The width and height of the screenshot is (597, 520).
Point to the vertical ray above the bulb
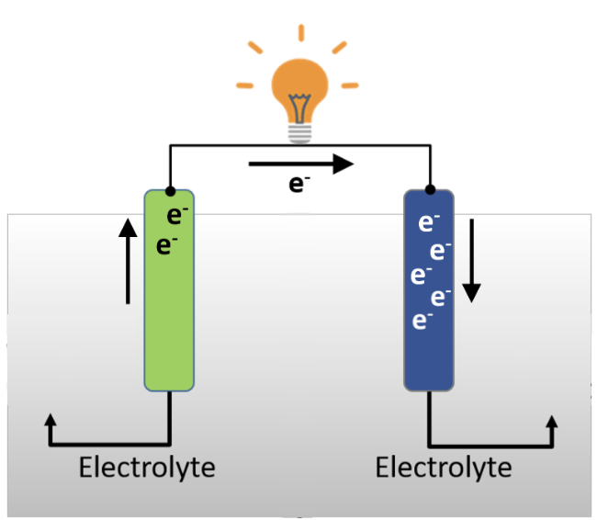coord(299,34)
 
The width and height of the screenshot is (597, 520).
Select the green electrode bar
coord(169,303)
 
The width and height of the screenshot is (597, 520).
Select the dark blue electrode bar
coord(429,303)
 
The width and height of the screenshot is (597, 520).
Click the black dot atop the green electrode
coord(170,191)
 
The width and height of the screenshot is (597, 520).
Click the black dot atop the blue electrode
coord(429,191)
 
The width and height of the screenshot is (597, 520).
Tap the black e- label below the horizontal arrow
coord(298,184)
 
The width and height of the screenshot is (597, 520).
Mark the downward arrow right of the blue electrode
coord(471,261)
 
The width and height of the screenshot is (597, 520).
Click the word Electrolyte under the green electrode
coord(147,467)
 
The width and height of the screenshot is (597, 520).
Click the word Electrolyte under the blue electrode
coord(444,467)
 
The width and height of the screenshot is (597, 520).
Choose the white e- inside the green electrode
coord(177,217)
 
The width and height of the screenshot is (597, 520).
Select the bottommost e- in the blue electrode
coord(422,320)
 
